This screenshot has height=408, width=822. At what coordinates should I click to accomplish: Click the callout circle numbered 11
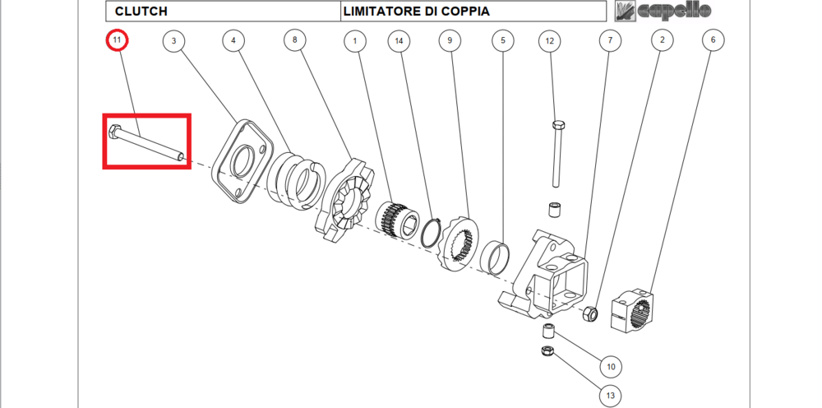(x=118, y=39)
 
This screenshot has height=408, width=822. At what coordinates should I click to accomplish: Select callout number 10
(x=610, y=366)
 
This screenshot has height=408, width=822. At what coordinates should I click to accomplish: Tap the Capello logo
(x=664, y=11)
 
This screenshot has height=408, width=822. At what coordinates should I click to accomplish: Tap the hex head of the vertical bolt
(x=559, y=125)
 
